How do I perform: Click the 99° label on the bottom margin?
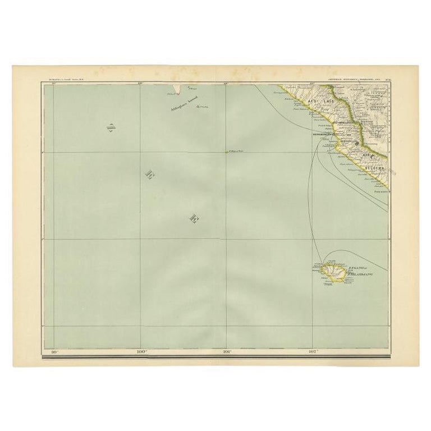(54, 352)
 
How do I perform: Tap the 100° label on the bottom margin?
(141, 352)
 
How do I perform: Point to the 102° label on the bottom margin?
(313, 352)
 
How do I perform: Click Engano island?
(333, 273)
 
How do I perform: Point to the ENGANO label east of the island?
(357, 269)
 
